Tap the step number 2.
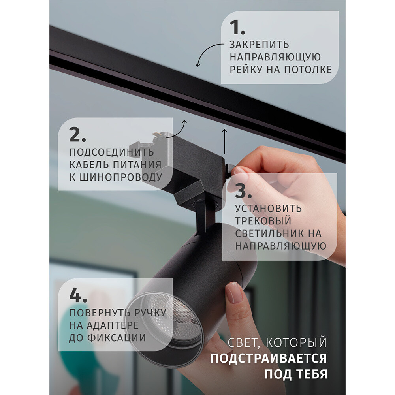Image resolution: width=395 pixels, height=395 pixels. [x=77, y=135]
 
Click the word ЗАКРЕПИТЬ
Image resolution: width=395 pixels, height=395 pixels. [x=260, y=45]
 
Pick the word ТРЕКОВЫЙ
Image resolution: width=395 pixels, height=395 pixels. [x=263, y=220]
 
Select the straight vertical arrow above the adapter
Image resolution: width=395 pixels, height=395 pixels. [x=224, y=141]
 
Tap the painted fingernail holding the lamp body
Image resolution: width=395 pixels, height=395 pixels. [x=234, y=293]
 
